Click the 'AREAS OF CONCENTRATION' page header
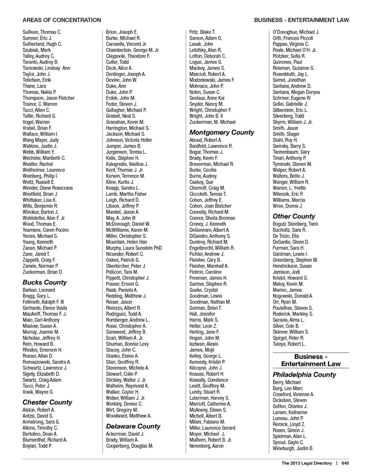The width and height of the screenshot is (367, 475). tap(62, 20)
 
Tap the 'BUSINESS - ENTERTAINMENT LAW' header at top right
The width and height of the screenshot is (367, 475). tap(301, 20)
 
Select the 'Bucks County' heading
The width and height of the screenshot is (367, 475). tap(45, 282)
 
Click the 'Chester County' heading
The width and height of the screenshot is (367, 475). tap(47, 402)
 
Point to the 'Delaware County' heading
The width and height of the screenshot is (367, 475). tap(133, 426)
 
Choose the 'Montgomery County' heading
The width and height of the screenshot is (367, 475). tap(222, 132)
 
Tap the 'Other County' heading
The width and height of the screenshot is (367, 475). tap(294, 216)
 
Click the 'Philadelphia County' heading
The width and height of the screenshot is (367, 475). tap(304, 374)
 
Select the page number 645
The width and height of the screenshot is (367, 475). tap(345, 463)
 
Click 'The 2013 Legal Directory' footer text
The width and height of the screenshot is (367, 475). tap(307, 463)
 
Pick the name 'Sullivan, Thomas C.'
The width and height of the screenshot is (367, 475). tap(42, 32)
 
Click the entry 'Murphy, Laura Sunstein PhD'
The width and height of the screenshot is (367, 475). tap(134, 248)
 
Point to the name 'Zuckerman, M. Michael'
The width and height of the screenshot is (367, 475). tap(213, 122)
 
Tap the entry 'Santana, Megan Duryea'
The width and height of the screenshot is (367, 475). tap(296, 92)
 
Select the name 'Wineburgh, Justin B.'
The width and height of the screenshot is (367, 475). tap(293, 448)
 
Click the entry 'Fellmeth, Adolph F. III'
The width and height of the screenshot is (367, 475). tap(43, 302)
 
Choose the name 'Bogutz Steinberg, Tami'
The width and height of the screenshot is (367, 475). tap(295, 224)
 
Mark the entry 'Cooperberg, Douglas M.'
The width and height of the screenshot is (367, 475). tap(130, 446)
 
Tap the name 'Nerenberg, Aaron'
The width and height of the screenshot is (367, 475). tap(206, 446)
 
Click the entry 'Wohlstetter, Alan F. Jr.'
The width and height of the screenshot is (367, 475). tap(44, 218)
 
